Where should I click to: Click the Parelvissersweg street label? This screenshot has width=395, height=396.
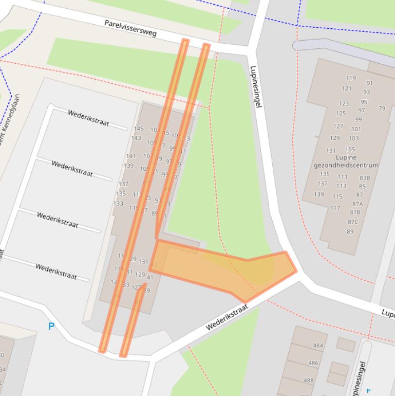click(x=130, y=28)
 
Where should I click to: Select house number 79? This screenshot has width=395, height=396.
click(x=382, y=109)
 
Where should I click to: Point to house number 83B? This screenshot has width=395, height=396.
click(x=365, y=178)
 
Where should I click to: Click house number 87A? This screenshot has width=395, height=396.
click(x=358, y=204)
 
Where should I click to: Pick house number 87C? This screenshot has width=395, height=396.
click(x=353, y=222)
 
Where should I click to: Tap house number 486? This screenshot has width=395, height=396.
click(x=313, y=363)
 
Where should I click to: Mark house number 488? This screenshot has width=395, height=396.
click(x=308, y=381)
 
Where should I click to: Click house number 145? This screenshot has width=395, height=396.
click(x=139, y=129)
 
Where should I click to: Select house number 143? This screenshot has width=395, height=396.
click(x=136, y=138)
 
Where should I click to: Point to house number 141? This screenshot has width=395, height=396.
click(x=131, y=156)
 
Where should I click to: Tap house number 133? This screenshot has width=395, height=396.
click(x=118, y=203)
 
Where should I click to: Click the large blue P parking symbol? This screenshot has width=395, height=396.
click(x=51, y=326)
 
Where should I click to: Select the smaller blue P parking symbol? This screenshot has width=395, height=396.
click(x=368, y=391)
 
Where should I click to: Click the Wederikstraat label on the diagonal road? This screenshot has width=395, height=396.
click(x=227, y=317)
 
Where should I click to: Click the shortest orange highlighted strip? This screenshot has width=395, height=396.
click(x=133, y=319)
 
